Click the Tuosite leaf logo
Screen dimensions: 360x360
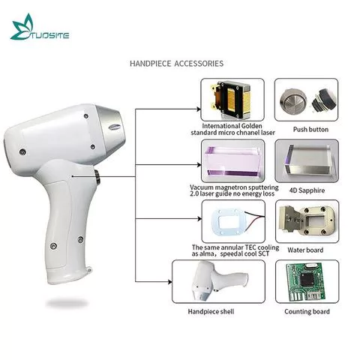point(23,27)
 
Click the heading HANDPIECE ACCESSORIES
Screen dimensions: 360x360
point(176,64)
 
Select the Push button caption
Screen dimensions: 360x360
point(310,130)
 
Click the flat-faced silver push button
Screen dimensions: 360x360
point(292,100)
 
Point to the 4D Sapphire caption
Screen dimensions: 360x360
point(307,190)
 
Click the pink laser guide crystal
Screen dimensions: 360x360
point(233,161)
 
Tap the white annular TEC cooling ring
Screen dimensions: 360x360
point(229,222)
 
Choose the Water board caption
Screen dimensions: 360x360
point(305,250)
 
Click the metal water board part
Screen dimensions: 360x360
point(308,220)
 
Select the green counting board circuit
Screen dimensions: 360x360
point(305,282)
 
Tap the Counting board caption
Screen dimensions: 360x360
point(307,311)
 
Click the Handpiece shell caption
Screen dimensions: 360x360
point(211,311)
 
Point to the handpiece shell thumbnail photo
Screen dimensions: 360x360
point(219,281)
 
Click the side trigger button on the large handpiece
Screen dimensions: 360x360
point(97,177)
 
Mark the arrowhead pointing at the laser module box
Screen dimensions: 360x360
point(199,109)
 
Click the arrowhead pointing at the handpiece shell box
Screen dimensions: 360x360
point(170,282)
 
